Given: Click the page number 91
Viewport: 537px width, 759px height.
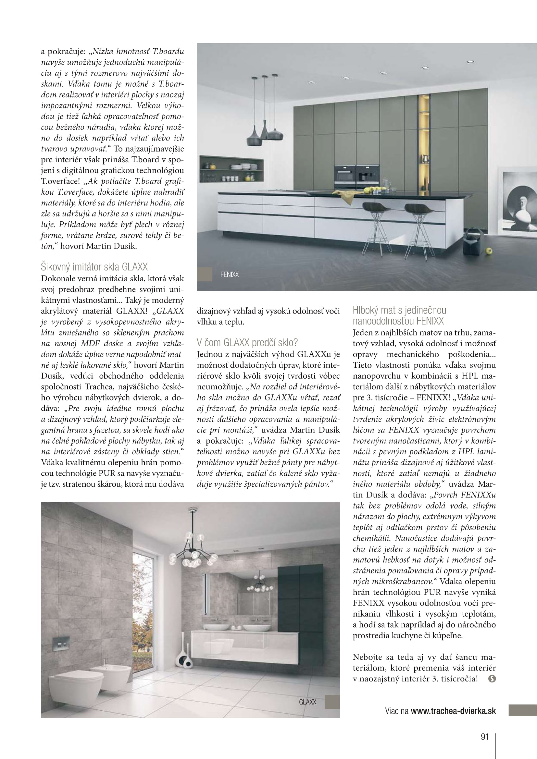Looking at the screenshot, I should [x=484, y=737].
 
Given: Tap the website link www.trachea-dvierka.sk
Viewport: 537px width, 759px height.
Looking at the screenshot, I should [x=453, y=711].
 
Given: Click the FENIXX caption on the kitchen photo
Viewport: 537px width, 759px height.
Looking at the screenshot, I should [x=229, y=275].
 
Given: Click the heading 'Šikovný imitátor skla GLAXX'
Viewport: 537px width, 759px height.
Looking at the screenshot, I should [x=94, y=267].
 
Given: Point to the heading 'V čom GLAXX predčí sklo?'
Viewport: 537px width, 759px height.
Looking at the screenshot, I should [x=247, y=342].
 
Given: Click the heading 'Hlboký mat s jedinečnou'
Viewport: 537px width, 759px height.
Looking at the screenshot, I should [x=399, y=310].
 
